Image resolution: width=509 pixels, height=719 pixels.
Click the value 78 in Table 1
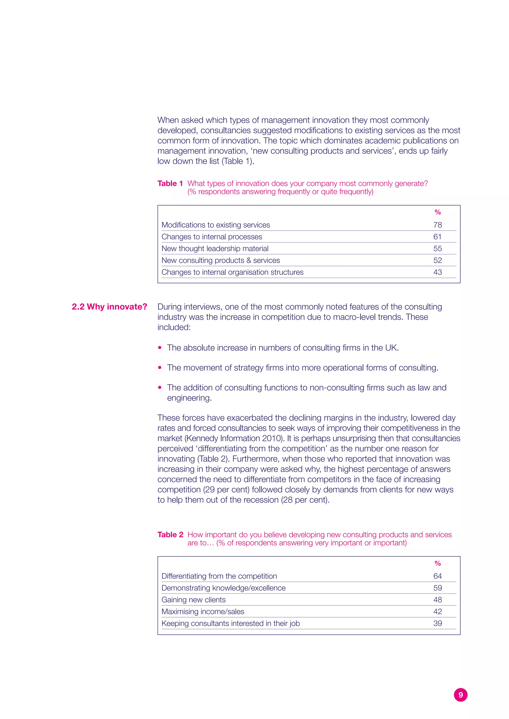[x=437, y=225]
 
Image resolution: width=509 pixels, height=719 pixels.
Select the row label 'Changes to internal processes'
[x=212, y=237]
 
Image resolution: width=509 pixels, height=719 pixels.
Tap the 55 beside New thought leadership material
[x=437, y=249]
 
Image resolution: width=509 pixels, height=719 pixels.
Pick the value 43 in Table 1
[x=437, y=272]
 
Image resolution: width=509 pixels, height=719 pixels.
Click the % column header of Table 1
[x=437, y=212]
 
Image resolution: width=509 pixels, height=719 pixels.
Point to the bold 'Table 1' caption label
[x=170, y=183]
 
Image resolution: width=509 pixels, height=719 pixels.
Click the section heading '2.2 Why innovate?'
[x=109, y=307]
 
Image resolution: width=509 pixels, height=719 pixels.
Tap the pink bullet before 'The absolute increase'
[x=160, y=348]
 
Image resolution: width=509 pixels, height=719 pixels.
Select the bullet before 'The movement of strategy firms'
[x=160, y=368]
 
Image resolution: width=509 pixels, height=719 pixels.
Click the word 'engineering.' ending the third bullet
[x=189, y=398]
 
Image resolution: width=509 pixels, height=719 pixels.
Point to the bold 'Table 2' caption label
[x=170, y=535]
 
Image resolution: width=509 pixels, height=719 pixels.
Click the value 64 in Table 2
[x=437, y=576]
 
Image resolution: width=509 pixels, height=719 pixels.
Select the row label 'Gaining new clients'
[x=193, y=600]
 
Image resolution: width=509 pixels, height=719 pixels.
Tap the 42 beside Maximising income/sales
[x=437, y=611]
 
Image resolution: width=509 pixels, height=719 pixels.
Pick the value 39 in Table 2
[x=437, y=623]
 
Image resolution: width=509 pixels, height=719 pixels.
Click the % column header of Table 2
[x=437, y=563]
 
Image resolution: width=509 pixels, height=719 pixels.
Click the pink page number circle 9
[x=461, y=695]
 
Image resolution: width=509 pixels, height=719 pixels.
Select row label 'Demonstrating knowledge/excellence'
[x=223, y=588]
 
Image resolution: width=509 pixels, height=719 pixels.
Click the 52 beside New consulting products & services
[x=437, y=260]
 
